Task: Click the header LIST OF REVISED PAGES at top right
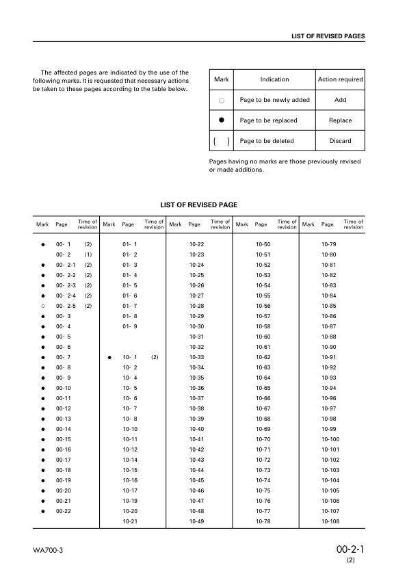[x=328, y=36]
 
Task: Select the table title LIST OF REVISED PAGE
[x=198, y=205]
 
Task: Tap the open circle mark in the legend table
[x=221, y=101]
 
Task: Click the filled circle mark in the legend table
[x=221, y=120]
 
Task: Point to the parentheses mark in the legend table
[x=221, y=141]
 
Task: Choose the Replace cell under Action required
[x=340, y=120]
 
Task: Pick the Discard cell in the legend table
[x=340, y=141]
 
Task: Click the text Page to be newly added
[x=274, y=100]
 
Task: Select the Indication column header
[x=274, y=79]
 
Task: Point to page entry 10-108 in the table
[x=330, y=521]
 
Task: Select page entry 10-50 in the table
[x=263, y=244]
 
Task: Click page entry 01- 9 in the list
[x=130, y=326]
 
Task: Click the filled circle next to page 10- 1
[x=109, y=357]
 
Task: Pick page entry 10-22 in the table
[x=196, y=244]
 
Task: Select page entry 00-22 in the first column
[x=63, y=511]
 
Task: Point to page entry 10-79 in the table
[x=329, y=244]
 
